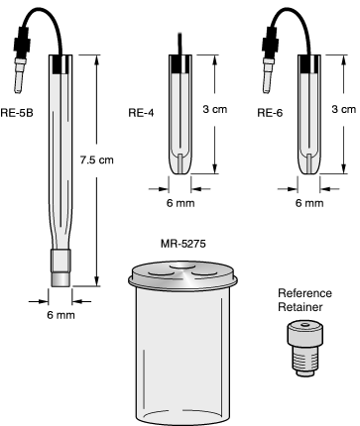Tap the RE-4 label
pos(143,112)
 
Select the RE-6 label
pos(269,112)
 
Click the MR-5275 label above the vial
pos(182,242)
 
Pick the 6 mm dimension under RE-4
pos(181,203)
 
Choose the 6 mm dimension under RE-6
pos(309,203)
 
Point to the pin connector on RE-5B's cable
pos(20,60)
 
